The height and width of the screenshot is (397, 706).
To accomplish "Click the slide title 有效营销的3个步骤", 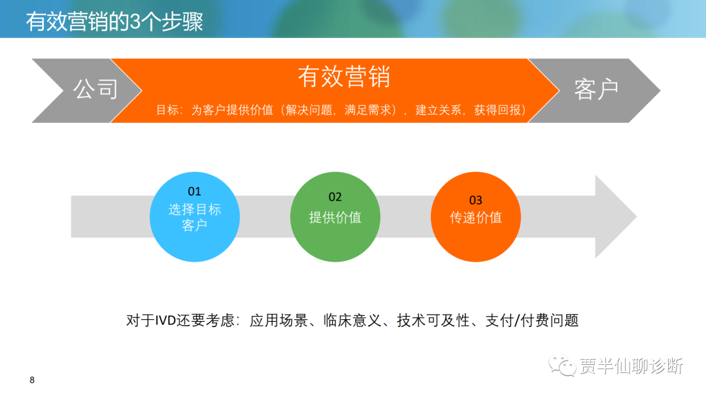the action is click(114, 22).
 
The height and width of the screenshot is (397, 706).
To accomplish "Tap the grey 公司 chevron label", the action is click(96, 89).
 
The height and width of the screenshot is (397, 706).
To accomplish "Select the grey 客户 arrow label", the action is click(596, 89).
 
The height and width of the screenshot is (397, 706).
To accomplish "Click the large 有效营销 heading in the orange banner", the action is click(344, 76).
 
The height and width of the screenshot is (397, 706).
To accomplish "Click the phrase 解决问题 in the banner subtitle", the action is click(309, 110).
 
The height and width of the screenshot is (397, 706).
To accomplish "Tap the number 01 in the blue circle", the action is click(195, 192).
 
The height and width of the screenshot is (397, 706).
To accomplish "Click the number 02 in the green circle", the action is click(335, 197).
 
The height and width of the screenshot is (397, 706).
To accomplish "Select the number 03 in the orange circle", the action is click(475, 200).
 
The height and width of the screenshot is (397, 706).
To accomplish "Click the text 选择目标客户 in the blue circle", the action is click(195, 216).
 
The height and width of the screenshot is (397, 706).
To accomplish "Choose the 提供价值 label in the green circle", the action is click(335, 218).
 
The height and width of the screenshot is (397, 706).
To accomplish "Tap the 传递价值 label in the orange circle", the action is click(476, 218).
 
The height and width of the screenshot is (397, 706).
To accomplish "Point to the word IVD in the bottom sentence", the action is click(165, 320).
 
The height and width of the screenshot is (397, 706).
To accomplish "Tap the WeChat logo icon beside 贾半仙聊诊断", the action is click(562, 366).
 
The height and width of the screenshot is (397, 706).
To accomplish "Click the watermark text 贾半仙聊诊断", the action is click(631, 366).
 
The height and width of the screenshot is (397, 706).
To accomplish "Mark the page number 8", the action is click(32, 380).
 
